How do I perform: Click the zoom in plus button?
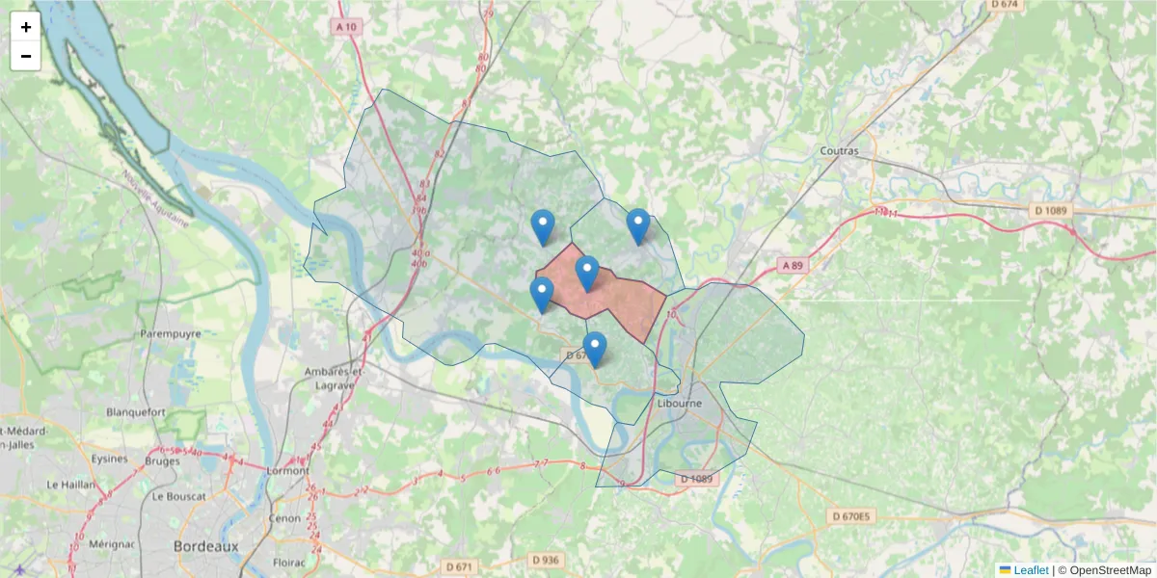26,27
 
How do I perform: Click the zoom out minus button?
26,56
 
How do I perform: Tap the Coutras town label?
838,150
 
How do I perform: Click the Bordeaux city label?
205,546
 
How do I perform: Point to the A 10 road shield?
347,27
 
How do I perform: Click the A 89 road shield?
792,265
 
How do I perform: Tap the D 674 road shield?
1005,4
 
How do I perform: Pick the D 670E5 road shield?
850,517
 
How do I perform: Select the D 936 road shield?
545,560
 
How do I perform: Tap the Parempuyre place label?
170,334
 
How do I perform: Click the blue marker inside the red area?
587,274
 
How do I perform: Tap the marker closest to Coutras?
638,226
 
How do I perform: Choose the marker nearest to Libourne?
595,350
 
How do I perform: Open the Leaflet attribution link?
1030,570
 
